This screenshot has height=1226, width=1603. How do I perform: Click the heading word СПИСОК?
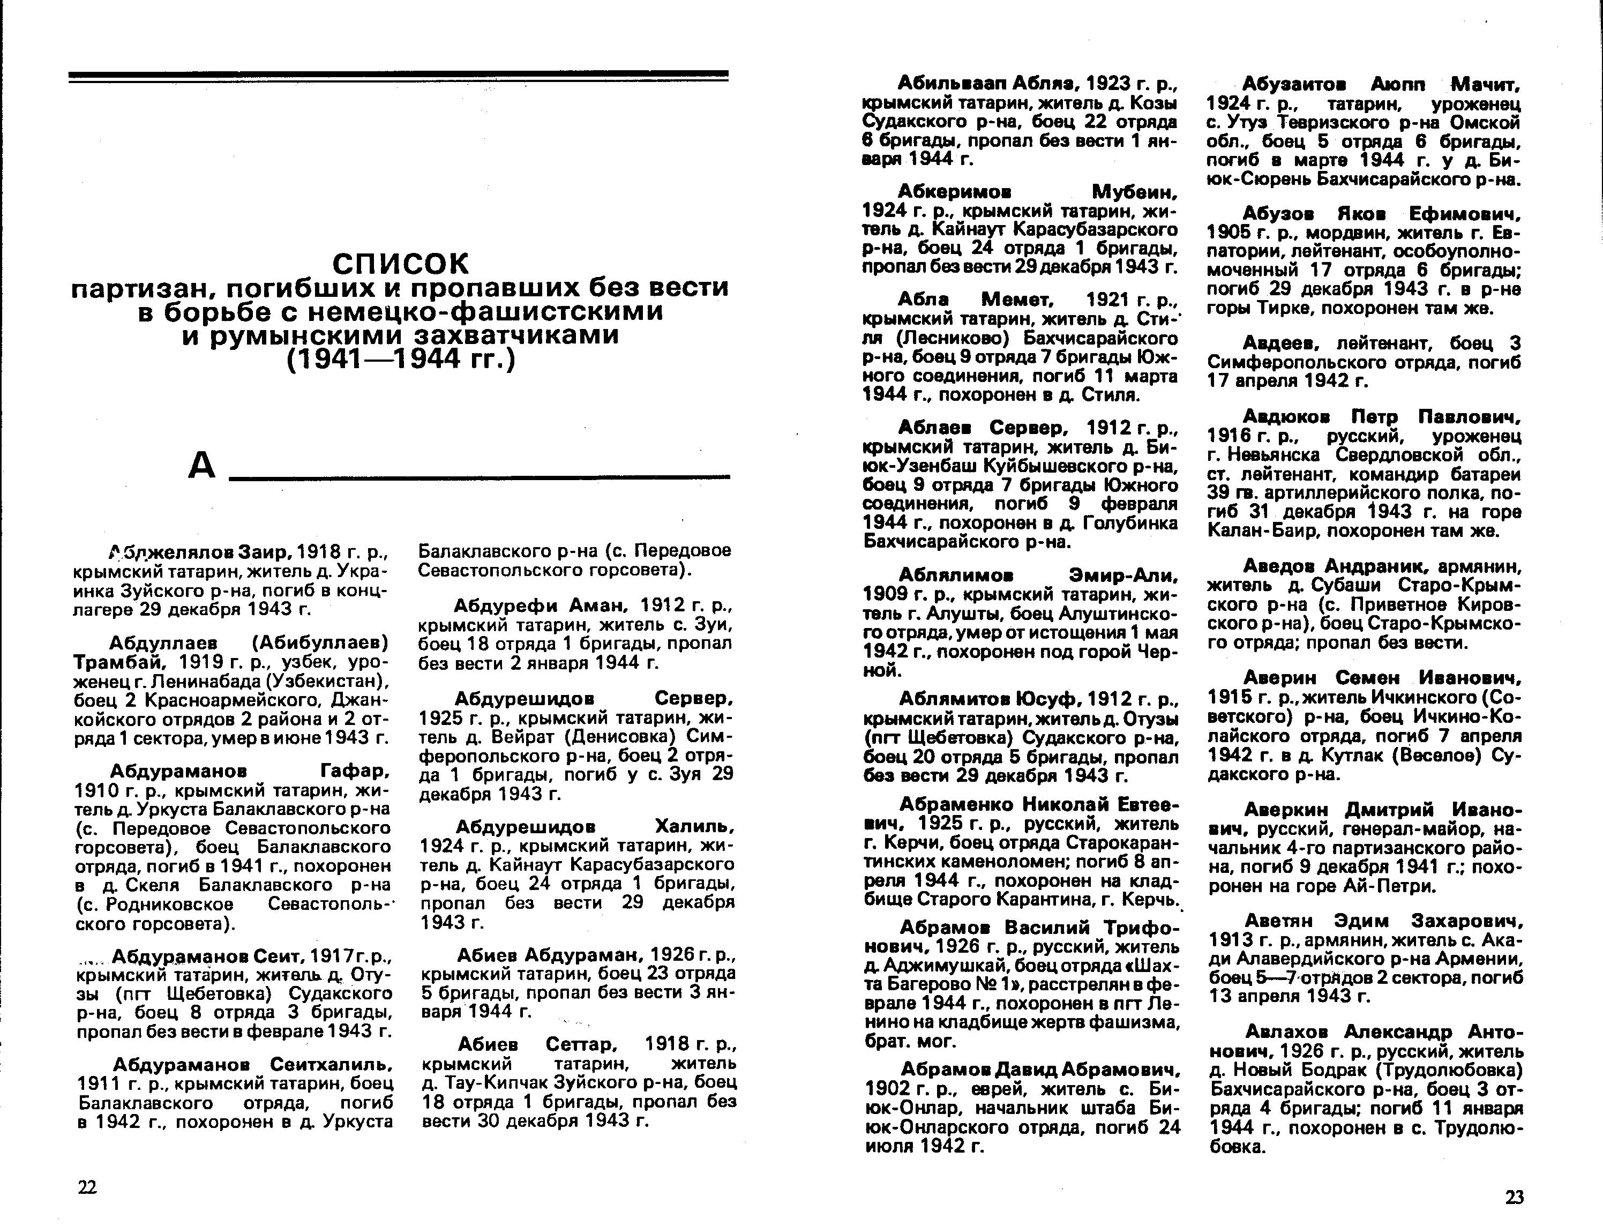[401, 264]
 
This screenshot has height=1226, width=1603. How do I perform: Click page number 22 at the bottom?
[87, 1187]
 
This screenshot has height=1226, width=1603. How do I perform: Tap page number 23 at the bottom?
[1515, 1197]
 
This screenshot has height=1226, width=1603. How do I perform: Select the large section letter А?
[202, 465]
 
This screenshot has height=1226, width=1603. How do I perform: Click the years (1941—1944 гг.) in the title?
[401, 359]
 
